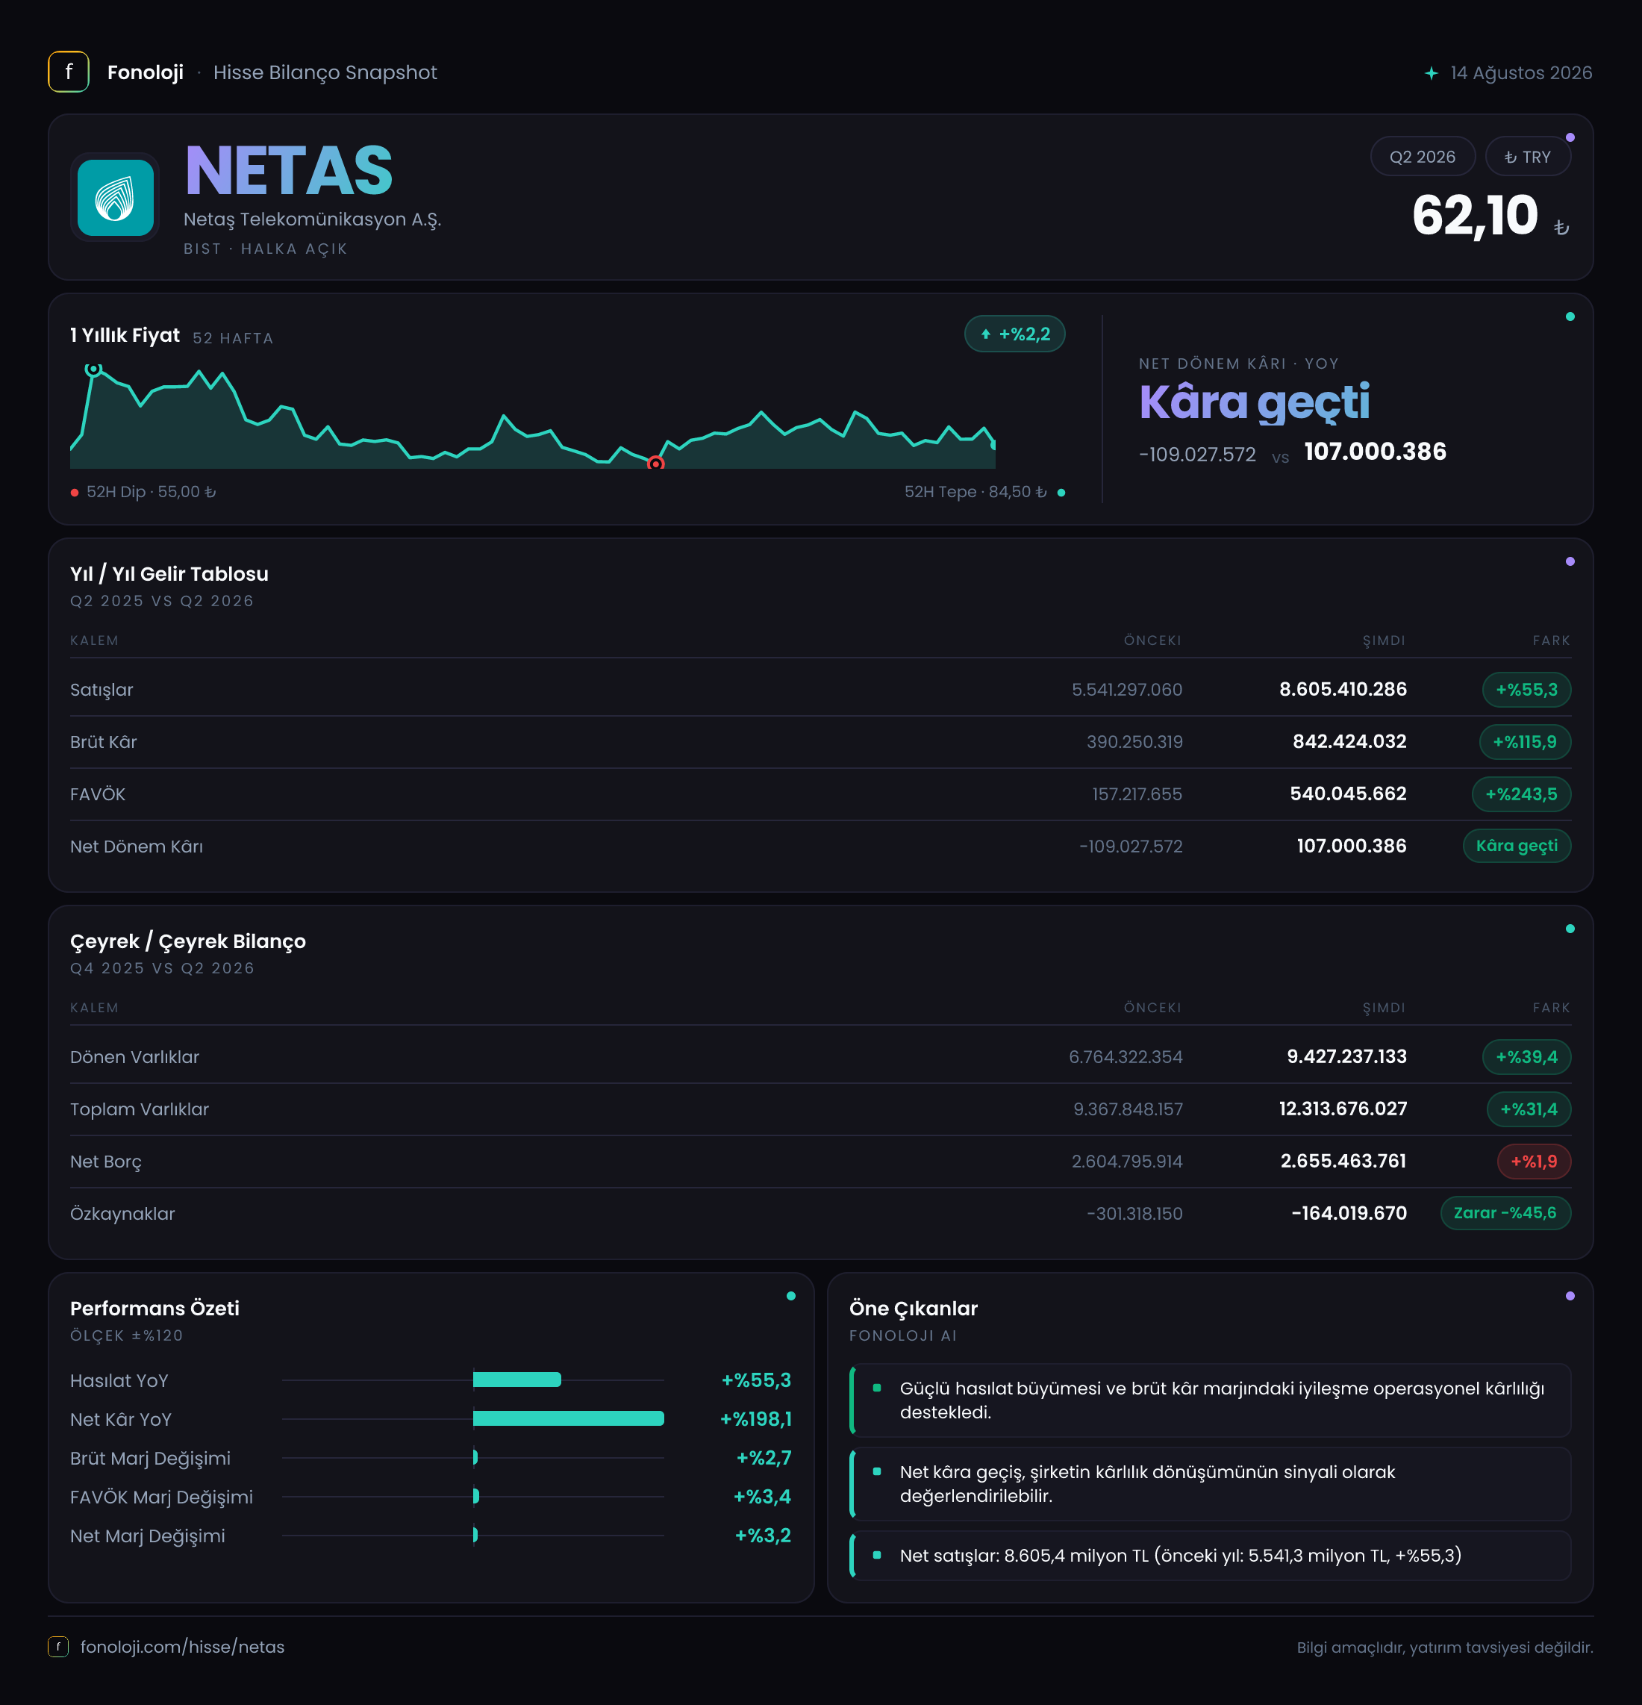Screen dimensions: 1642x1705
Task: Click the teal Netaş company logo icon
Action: tap(116, 198)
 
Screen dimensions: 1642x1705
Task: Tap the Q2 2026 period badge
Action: tap(1422, 157)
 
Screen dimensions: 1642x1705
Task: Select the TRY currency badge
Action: tap(1527, 157)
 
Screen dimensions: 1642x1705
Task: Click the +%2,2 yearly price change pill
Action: tap(1014, 334)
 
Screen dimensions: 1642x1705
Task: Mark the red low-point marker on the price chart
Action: tap(656, 464)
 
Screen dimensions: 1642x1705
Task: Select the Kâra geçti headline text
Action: tap(1254, 402)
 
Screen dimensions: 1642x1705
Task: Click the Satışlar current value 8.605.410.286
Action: tap(1342, 690)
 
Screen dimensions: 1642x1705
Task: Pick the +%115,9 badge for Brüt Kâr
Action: tap(1525, 742)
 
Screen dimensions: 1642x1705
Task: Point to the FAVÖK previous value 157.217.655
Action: tap(1137, 794)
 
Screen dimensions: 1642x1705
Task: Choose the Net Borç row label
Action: tap(105, 1162)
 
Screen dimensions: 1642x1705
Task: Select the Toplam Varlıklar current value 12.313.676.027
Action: tap(1342, 1109)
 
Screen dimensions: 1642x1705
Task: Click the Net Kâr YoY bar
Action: tap(569, 1419)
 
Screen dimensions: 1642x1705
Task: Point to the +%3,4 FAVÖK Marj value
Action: tap(762, 1497)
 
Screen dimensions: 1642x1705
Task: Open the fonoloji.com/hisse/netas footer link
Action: tap(183, 1647)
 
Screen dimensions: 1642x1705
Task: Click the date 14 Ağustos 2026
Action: tap(1520, 73)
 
